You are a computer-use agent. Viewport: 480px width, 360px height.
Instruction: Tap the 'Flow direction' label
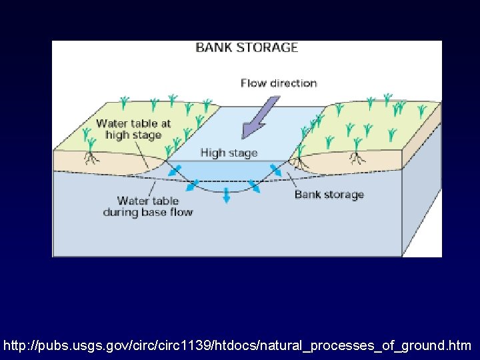pos(279,83)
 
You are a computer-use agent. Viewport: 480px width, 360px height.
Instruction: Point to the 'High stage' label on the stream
pos(229,153)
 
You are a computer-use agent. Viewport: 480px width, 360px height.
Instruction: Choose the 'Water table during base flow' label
pos(147,207)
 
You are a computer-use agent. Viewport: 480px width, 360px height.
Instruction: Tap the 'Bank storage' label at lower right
pos(329,195)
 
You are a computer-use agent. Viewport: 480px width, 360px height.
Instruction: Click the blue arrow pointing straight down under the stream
pos(227,195)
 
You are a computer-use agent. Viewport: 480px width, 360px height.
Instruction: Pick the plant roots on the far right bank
pos(357,158)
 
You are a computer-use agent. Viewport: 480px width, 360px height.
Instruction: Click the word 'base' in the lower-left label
pos(153,213)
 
